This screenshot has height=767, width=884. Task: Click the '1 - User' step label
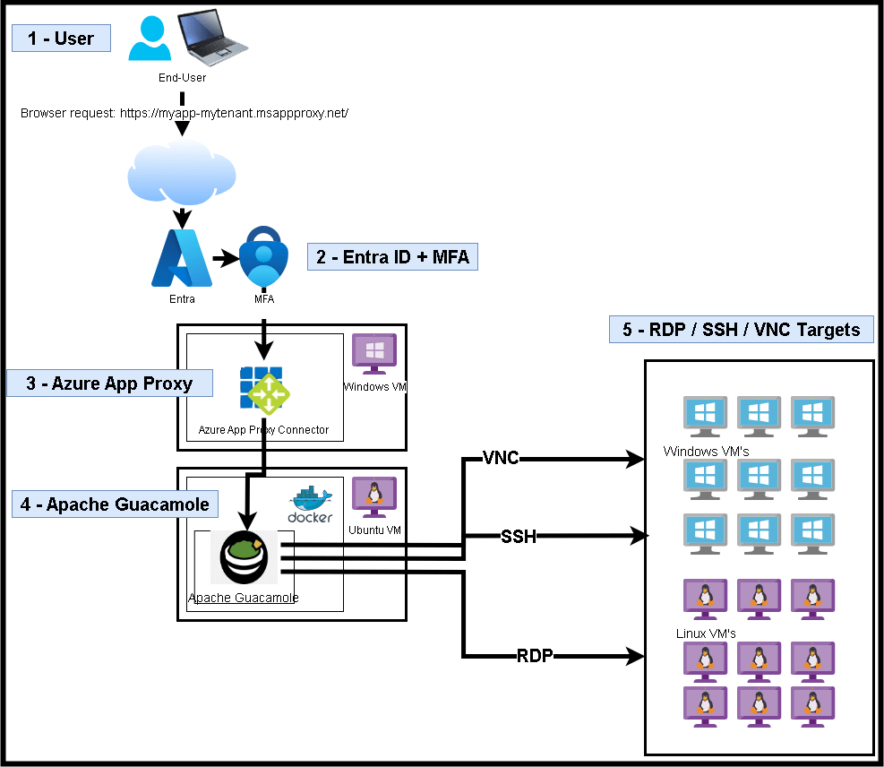pos(62,39)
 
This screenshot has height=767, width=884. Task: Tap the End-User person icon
pos(150,39)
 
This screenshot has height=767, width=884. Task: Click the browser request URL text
pos(184,114)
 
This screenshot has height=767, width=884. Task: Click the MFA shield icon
pos(263,260)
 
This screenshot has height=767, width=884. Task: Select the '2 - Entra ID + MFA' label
pos(392,257)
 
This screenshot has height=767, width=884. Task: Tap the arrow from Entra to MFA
pos(225,260)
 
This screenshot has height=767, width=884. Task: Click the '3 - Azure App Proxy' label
pos(109,383)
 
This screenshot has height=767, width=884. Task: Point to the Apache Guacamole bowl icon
pos(244,556)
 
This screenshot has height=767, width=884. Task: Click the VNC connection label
pos(501,459)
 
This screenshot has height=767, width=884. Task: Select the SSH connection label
pos(519,537)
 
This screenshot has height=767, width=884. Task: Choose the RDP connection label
pos(535,656)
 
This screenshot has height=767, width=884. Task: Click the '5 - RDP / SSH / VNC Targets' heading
pos(741,330)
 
